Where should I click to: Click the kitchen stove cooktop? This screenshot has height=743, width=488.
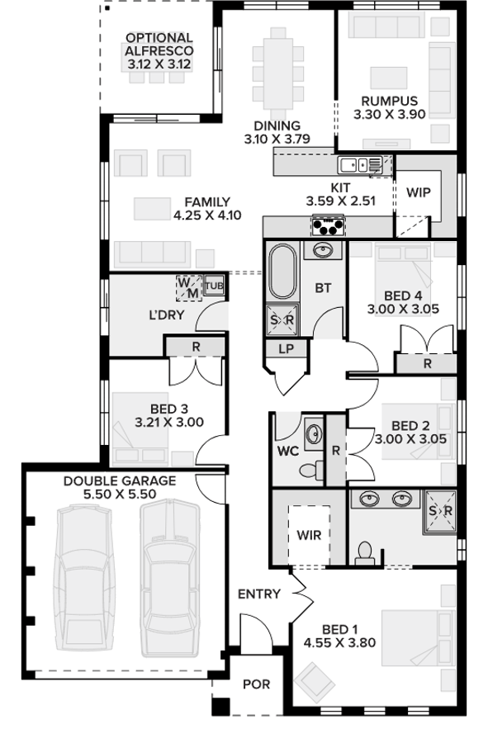[328, 225]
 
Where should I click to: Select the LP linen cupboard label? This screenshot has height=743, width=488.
[287, 350]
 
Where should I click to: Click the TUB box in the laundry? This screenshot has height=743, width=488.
[214, 286]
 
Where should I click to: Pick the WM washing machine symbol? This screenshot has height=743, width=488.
[188, 287]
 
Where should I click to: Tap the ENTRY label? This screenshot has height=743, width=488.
[258, 594]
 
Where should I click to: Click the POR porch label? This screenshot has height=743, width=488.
[255, 684]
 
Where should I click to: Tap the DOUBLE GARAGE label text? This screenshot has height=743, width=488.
[120, 480]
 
